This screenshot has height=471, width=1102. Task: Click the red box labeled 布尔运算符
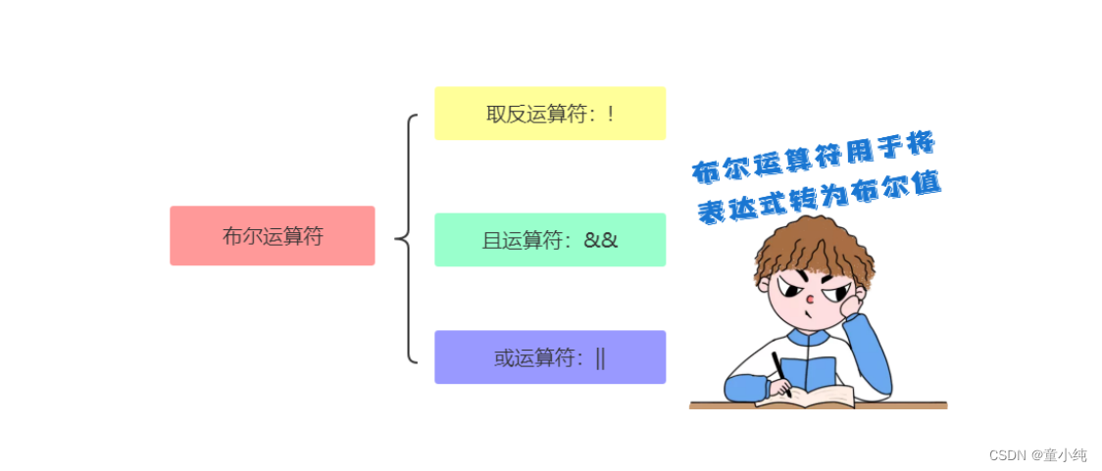click(272, 235)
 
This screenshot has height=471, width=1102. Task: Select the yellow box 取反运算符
click(550, 113)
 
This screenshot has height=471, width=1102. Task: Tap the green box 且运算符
click(550, 240)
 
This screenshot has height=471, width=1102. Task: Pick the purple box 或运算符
click(550, 357)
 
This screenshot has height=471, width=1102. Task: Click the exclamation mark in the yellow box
click(610, 114)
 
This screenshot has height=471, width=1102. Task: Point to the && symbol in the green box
click(600, 240)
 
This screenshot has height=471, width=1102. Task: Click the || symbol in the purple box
click(600, 358)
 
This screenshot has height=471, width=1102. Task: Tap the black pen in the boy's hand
click(779, 372)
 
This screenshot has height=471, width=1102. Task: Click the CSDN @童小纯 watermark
click(1037, 454)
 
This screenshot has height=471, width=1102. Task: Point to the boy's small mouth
click(807, 315)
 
